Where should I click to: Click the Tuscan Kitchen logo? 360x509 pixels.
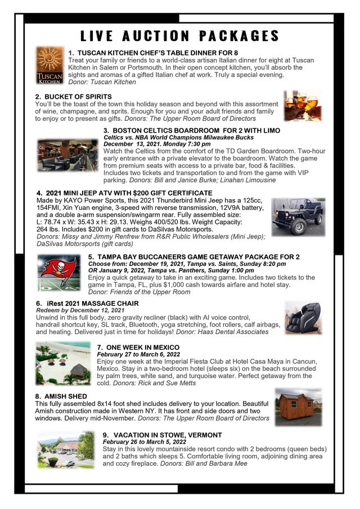[49, 65]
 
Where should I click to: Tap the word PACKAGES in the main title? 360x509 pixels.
[239, 35]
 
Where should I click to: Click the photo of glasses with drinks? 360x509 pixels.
[303, 106]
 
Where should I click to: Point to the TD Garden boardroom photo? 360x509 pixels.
[67, 155]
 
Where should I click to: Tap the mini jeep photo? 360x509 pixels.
[298, 217]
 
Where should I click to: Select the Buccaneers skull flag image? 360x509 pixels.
[59, 273]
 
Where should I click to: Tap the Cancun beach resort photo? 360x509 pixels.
[64, 363]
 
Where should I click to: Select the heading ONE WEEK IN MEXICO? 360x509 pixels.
[143, 348]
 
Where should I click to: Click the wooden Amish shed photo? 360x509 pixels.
[298, 407]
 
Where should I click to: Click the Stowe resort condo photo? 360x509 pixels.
[66, 450]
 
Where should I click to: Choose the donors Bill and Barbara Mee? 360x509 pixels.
[216, 463]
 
